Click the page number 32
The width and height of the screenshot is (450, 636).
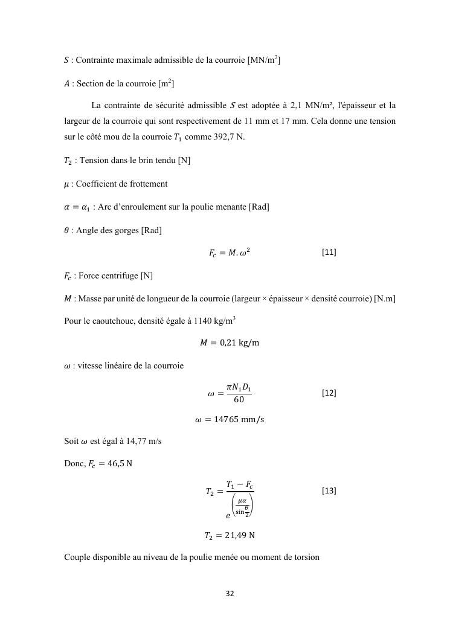point(230,594)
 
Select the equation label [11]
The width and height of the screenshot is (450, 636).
point(329,252)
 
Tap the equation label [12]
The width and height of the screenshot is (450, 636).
point(329,393)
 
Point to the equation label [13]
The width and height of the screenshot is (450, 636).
point(329,491)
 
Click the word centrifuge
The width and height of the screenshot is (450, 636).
point(118,276)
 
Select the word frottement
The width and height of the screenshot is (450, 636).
point(147,184)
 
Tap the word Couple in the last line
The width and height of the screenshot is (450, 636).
point(77,557)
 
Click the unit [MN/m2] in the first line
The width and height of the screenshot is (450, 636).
point(264,60)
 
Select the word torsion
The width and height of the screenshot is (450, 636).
point(305,557)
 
